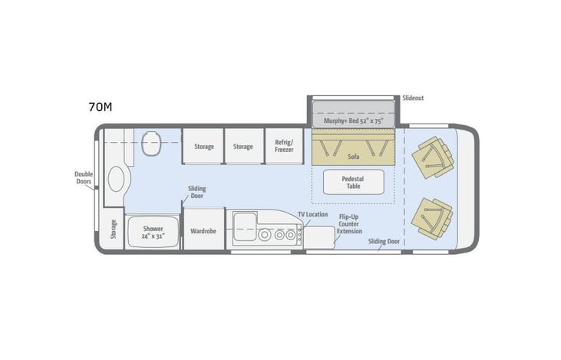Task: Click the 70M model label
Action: [100, 107]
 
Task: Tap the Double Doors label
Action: [84, 179]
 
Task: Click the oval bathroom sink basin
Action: [115, 180]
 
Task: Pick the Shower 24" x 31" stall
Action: [152, 231]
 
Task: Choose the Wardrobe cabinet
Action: [203, 230]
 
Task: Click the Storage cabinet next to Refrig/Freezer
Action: [243, 146]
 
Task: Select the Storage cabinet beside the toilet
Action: [203, 146]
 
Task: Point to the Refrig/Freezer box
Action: [284, 146]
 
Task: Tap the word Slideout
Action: [413, 98]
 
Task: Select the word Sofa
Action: [354, 156]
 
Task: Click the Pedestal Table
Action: [353, 182]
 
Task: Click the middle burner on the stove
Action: [278, 236]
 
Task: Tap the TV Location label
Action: [313, 214]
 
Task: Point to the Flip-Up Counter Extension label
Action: [351, 223]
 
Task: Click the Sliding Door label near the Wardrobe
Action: [196, 192]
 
